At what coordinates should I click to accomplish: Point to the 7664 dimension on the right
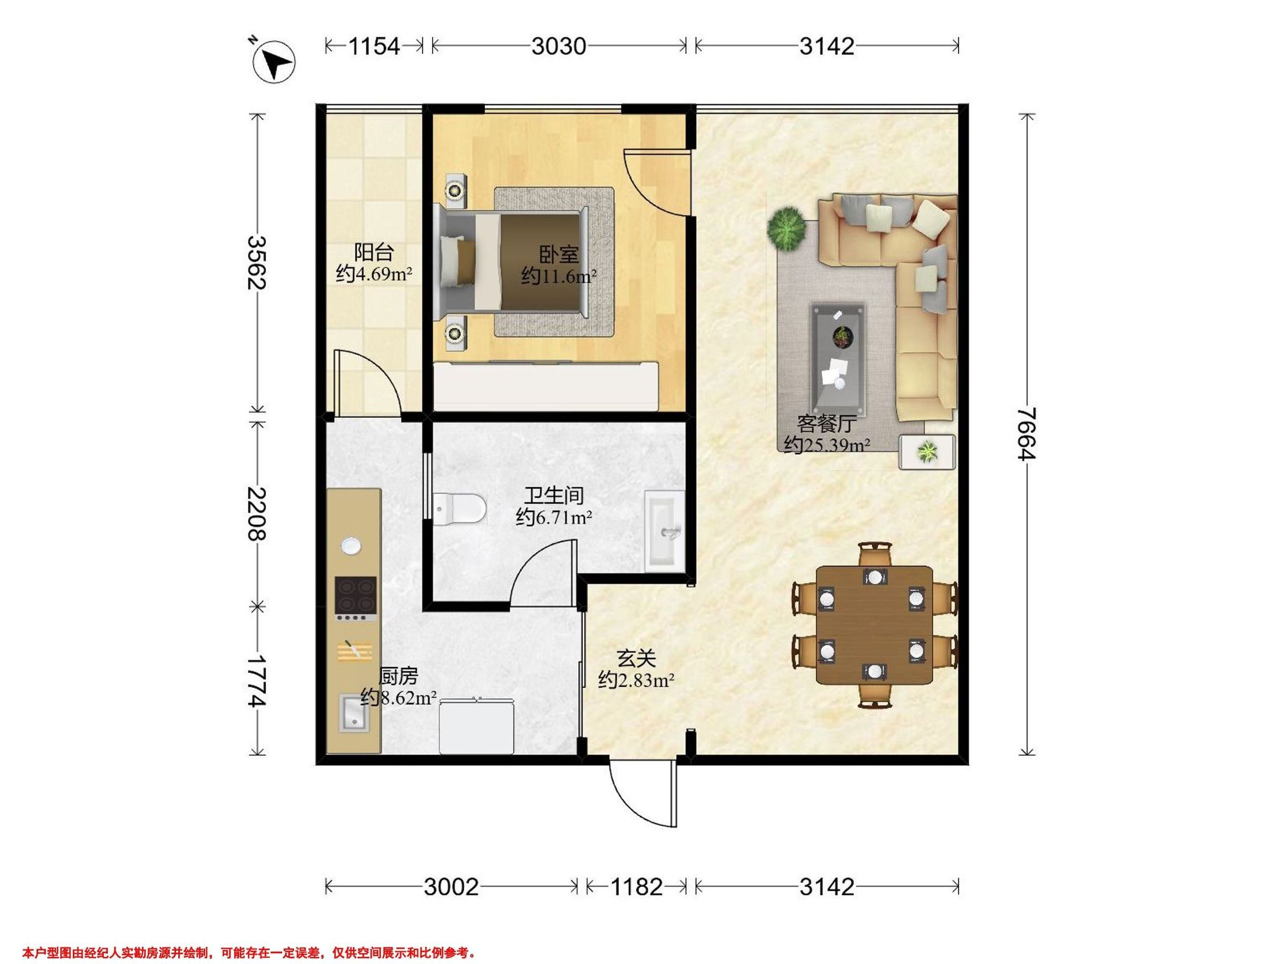[1026, 433]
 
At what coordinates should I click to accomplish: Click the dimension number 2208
[256, 514]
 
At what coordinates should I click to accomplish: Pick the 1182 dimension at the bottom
[636, 887]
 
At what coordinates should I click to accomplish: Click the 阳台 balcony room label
[374, 252]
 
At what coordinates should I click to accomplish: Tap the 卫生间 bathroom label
[554, 495]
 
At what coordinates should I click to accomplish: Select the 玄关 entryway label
[636, 659]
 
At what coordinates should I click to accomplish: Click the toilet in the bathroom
[459, 509]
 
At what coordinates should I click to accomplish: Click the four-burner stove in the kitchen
[355, 598]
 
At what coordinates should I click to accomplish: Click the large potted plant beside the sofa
[786, 229]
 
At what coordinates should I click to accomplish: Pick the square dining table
[874, 624]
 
